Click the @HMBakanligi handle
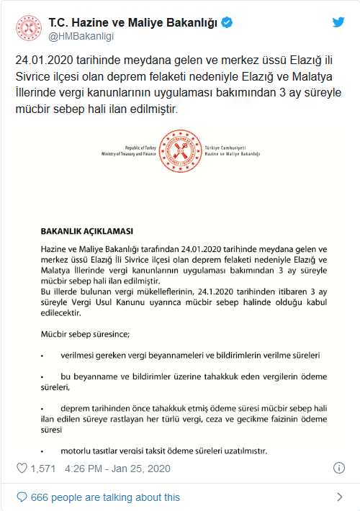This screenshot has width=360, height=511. [x=81, y=36]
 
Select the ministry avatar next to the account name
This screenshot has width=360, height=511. [x=28, y=29]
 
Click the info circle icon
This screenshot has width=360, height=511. [x=339, y=468]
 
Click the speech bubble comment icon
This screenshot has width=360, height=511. [x=22, y=497]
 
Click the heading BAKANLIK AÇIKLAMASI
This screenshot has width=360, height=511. [x=86, y=232]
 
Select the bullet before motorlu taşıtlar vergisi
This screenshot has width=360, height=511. [x=42, y=451]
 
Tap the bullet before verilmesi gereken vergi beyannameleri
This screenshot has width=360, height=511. [x=42, y=356]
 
